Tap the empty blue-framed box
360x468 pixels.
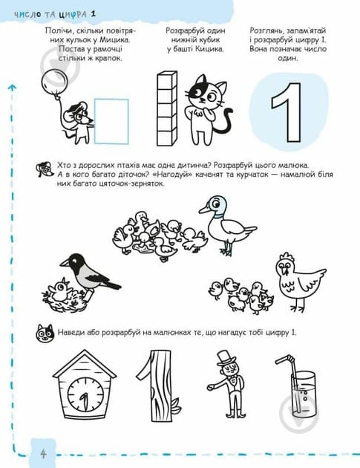(111, 122)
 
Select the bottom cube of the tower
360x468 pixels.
(167, 138)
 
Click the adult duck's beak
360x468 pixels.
(205, 209)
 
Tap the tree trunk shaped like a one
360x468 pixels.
(158, 386)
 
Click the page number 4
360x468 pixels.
(44, 454)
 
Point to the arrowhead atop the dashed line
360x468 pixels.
(12, 88)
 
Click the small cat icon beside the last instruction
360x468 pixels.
(45, 333)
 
